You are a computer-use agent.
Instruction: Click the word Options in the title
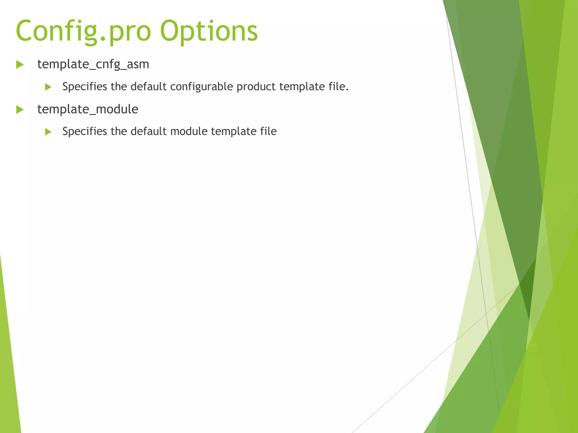209,31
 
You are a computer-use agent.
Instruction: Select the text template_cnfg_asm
93,64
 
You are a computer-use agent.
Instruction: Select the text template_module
88,109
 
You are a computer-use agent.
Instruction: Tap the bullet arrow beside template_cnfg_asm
20,65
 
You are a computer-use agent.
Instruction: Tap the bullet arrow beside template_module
20,109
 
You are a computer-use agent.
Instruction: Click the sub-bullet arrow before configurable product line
48,87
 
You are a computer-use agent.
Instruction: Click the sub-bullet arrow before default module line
48,132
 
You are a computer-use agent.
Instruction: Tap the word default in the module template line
148,131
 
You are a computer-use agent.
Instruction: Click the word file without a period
268,131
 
